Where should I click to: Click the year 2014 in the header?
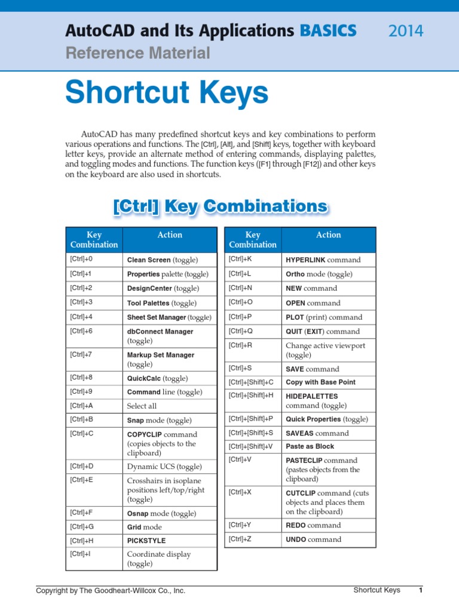(406, 31)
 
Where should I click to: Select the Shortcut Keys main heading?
(167, 93)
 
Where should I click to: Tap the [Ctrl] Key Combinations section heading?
(220, 206)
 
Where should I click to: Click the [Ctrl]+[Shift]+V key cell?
(251, 446)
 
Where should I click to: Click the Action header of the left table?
(170, 235)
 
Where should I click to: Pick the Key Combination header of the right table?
(253, 240)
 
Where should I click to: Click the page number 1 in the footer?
(421, 591)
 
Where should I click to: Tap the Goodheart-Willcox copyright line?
(111, 591)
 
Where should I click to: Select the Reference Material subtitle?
(137, 54)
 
